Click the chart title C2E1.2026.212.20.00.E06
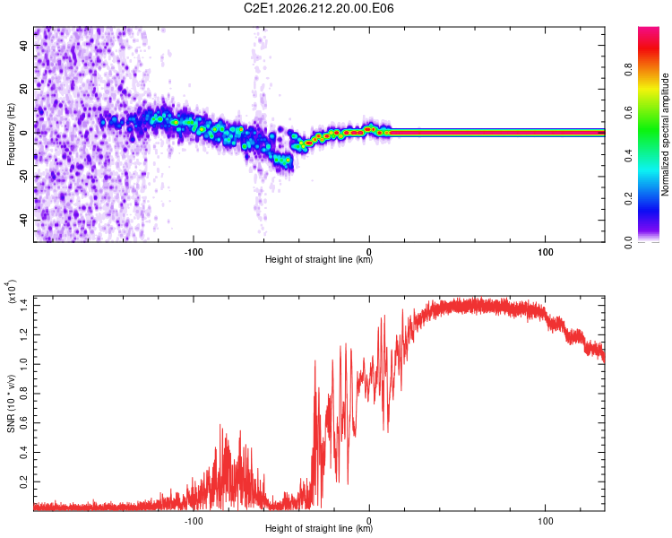[318, 8]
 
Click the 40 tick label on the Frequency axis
[23, 46]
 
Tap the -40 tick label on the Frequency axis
[23, 220]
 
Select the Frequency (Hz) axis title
[11, 134]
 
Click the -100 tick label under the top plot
[194, 252]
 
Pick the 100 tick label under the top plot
[545, 252]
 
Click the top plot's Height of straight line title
[319, 259]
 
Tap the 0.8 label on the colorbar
[628, 69]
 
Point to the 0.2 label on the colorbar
[628, 198]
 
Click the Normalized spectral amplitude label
[665, 134]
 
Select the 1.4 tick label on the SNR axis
[23, 306]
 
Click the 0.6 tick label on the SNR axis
[23, 423]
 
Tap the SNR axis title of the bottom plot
[11, 403]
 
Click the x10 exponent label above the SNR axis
[11, 291]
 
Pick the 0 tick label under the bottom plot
[369, 521]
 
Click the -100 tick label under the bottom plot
[194, 521]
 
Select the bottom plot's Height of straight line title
[319, 528]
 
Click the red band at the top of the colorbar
[649, 48]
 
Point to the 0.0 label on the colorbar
[628, 243]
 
